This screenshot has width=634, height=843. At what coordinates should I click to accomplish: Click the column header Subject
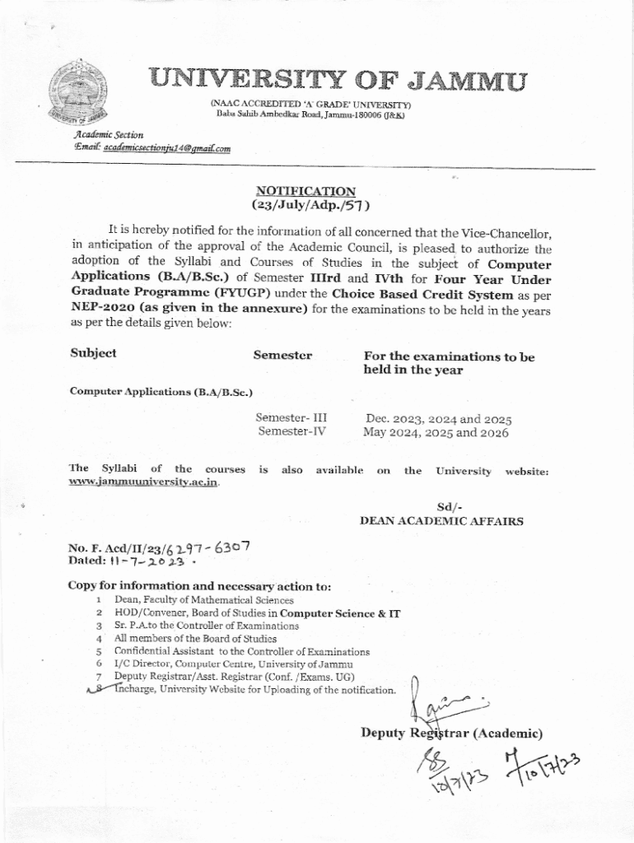[x=93, y=353]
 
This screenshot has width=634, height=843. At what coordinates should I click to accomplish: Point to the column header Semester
[x=282, y=355]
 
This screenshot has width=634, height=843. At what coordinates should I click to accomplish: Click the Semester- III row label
[x=291, y=417]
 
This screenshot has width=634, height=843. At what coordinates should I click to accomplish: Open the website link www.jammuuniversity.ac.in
[x=144, y=483]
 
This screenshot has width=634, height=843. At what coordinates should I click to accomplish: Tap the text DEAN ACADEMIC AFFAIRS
[x=441, y=521]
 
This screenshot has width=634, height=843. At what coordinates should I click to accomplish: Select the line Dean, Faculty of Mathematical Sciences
[x=203, y=600]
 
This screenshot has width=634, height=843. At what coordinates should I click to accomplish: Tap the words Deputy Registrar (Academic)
[x=450, y=733]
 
